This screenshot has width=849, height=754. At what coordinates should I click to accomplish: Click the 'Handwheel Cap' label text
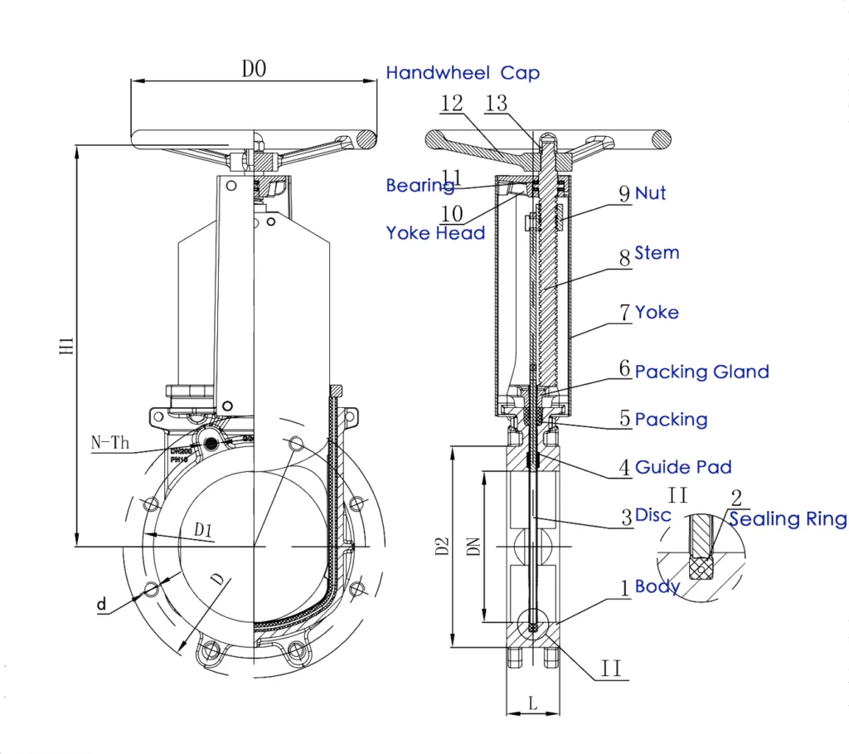(463, 73)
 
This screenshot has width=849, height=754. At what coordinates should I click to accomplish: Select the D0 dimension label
(254, 70)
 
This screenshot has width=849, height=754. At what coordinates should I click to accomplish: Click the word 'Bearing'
(420, 186)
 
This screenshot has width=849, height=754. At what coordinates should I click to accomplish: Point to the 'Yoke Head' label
(435, 233)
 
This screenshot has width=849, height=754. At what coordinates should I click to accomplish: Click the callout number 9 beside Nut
(624, 194)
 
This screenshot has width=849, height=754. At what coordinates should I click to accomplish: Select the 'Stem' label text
(657, 253)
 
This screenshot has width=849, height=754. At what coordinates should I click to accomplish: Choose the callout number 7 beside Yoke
(625, 313)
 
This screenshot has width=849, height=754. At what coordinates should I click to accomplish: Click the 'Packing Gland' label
(701, 372)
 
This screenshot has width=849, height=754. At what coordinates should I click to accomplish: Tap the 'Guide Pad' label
(683, 468)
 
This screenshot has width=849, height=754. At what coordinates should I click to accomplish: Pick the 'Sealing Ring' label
(788, 520)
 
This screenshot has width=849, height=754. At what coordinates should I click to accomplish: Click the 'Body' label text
(657, 586)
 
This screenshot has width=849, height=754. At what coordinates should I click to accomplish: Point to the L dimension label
(532, 703)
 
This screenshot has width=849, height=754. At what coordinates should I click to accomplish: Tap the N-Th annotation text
(110, 443)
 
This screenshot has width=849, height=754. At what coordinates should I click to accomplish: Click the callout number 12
(452, 104)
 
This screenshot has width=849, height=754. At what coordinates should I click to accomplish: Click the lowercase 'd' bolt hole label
(101, 605)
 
